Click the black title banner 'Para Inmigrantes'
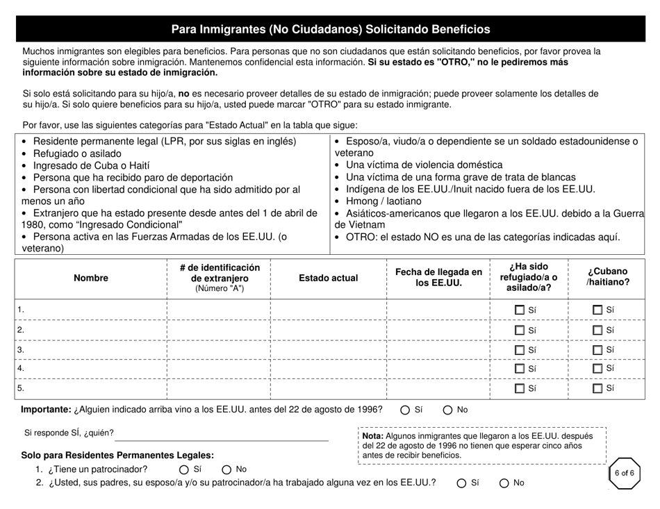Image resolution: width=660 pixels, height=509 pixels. (330, 29)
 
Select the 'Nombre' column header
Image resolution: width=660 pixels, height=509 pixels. (91, 278)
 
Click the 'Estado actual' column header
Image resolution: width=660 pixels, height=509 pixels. (328, 278)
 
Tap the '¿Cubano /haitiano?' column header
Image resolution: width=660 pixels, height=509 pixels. (608, 277)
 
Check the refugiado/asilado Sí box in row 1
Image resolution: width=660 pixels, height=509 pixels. (520, 310)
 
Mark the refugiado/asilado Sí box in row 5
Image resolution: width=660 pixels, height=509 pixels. (520, 389)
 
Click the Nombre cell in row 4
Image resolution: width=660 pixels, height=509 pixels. (91, 369)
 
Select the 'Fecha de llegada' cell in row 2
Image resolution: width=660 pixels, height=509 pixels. (438, 330)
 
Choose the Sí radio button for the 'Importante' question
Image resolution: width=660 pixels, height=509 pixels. (405, 410)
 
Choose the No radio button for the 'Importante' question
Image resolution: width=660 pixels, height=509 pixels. (447, 410)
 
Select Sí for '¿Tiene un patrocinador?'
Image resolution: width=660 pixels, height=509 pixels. (184, 469)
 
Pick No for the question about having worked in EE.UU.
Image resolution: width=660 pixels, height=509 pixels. (504, 483)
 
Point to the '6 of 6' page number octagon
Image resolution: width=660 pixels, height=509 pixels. (622, 474)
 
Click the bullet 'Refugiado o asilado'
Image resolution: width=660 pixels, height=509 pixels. (76, 153)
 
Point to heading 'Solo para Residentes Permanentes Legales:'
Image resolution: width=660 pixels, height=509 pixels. (117, 456)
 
